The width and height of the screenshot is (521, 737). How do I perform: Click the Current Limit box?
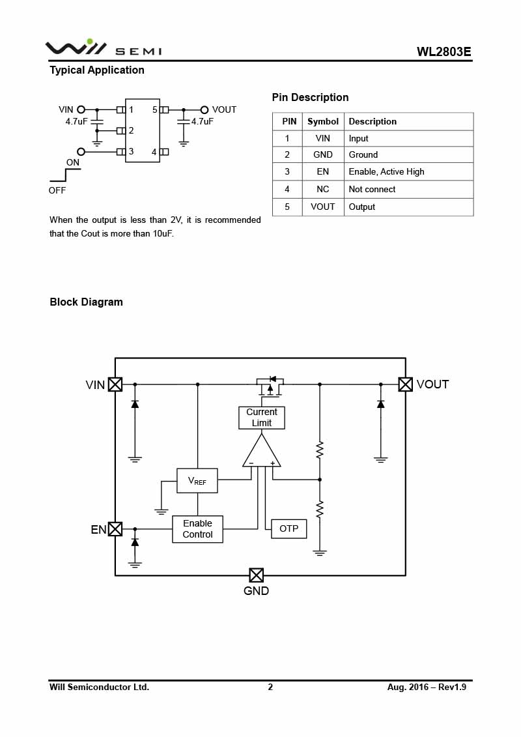[x=262, y=418]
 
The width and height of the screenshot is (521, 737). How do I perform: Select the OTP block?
[x=289, y=528]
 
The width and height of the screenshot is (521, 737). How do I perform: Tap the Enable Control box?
[x=197, y=529]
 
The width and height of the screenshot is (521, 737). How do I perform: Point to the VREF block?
[x=197, y=481]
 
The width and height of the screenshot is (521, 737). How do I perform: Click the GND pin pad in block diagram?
[x=257, y=575]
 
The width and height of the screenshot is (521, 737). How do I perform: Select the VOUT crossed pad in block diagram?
[x=406, y=384]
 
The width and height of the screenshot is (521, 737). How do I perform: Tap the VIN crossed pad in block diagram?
[x=115, y=384]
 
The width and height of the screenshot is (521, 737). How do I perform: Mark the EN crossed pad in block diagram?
[x=115, y=529]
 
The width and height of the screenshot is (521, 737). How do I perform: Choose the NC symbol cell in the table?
[x=323, y=190]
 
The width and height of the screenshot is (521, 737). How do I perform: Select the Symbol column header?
[x=323, y=122]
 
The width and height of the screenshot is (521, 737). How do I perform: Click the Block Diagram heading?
[x=86, y=302]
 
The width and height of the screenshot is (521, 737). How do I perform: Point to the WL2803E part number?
[x=444, y=51]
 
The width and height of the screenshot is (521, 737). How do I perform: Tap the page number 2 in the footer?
[x=270, y=687]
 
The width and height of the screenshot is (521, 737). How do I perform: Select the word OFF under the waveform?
[x=57, y=191]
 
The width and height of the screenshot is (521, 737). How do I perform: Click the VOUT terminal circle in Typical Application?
[x=204, y=110]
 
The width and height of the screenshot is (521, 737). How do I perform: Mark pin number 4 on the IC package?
[x=154, y=152]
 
